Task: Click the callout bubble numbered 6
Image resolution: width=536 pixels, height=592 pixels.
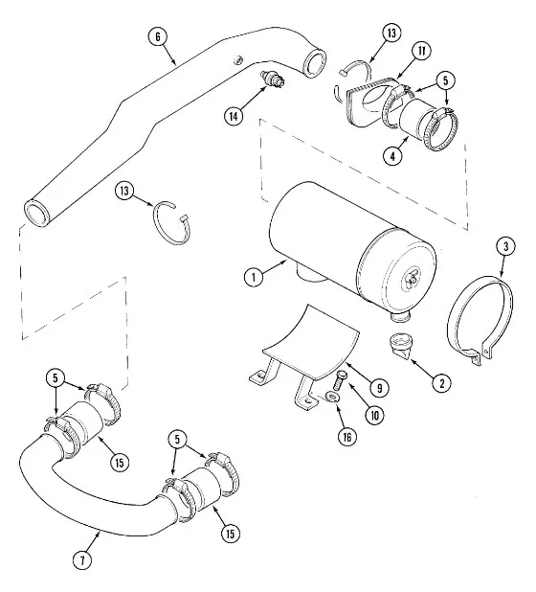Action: pyautogui.click(x=158, y=37)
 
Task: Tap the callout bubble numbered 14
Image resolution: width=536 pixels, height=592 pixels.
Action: pyautogui.click(x=234, y=116)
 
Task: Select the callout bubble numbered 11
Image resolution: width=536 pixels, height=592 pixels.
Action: pyautogui.click(x=421, y=51)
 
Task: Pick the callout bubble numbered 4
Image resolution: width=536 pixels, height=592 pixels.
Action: pyautogui.click(x=392, y=155)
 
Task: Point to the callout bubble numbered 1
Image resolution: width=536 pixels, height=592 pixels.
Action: pyautogui.click(x=254, y=277)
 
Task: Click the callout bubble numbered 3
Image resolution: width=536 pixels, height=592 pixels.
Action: pyautogui.click(x=505, y=246)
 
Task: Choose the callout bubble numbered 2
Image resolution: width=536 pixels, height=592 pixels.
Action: pyautogui.click(x=441, y=382)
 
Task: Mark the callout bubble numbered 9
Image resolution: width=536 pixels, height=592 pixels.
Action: pyautogui.click(x=379, y=388)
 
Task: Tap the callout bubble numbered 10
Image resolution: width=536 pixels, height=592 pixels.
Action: pyautogui.click(x=375, y=416)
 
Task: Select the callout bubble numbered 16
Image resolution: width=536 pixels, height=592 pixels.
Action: pyautogui.click(x=347, y=437)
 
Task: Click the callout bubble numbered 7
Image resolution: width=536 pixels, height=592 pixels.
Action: pyautogui.click(x=82, y=559)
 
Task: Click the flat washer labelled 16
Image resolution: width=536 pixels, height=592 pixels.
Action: pyautogui.click(x=332, y=396)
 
